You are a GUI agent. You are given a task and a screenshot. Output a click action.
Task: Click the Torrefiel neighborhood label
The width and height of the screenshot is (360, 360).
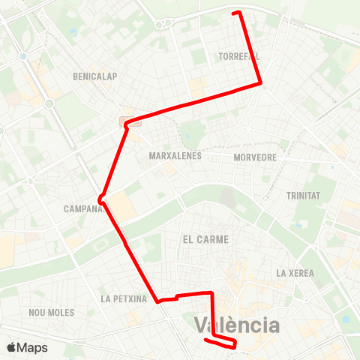pos(239,56)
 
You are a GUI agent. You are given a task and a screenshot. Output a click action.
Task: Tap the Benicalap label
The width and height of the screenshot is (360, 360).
pos(95,76)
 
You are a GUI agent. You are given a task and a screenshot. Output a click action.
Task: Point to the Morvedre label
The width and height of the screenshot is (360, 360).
pos(255,158)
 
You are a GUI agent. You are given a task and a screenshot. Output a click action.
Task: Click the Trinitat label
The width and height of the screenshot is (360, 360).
pos(303,196)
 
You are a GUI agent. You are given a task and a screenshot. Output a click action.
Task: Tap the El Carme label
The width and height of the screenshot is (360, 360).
pos(205,238)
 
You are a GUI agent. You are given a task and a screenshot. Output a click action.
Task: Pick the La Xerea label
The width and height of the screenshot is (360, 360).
pos(295,273)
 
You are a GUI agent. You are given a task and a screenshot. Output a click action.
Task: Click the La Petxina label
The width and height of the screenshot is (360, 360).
pos(124,298)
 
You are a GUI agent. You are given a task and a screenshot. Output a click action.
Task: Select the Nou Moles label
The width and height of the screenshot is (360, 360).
pos(50,312)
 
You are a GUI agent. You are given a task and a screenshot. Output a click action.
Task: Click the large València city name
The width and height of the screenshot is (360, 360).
pos(237,325)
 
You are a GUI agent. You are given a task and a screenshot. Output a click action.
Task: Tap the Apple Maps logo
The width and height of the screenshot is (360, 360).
pos(27,347)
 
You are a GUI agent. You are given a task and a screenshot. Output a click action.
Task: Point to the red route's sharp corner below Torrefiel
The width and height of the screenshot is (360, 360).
pos(260,83)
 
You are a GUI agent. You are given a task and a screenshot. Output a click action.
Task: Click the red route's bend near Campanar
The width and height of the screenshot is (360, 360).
pos(100,199)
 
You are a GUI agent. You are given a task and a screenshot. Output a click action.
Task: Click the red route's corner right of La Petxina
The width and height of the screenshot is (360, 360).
pos(159,301)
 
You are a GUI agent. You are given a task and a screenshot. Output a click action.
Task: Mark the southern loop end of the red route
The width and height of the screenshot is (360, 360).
pos(235,344)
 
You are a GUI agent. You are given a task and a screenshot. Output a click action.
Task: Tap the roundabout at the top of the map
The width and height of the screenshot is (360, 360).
pos(163,23)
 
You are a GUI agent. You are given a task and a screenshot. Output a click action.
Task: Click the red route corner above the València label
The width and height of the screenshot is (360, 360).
pos(212,293)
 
